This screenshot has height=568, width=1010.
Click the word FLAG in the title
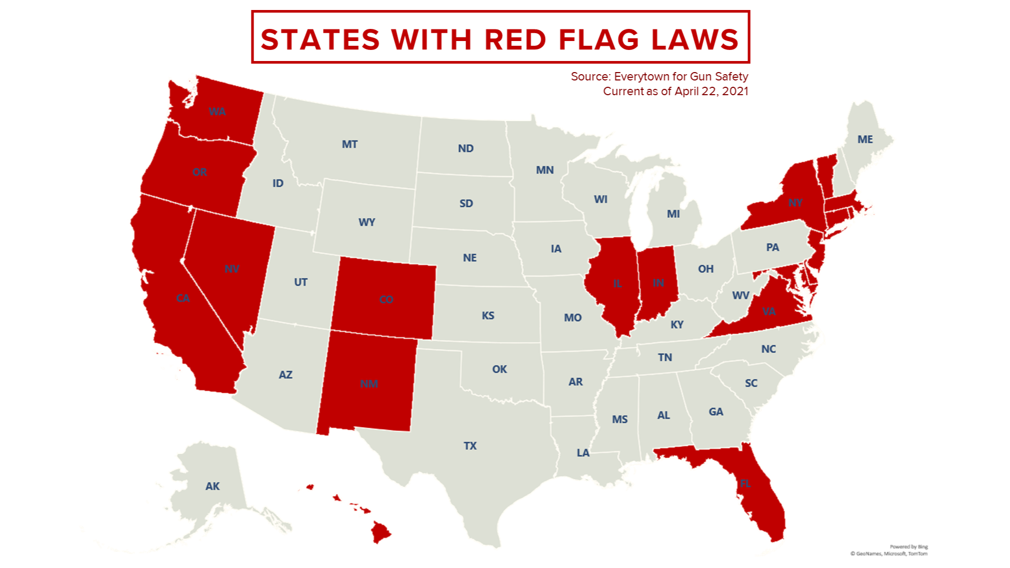tap(599, 40)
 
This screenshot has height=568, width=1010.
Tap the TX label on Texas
tap(470, 446)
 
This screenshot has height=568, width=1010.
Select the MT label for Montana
tap(349, 144)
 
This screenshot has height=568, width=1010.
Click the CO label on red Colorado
tap(386, 299)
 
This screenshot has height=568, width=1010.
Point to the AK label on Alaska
tap(213, 486)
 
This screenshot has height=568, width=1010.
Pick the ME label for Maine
tap(865, 139)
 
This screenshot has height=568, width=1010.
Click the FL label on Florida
tap(745, 483)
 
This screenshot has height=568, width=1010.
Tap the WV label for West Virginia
tap(740, 296)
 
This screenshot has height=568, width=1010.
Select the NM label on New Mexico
tap(369, 384)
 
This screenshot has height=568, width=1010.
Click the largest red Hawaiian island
tap(380, 532)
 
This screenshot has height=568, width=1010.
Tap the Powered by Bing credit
tap(908, 547)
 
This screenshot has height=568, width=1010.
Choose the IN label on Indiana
tap(658, 283)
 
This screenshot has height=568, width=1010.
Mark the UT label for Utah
tap(300, 282)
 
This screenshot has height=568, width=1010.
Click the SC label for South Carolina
tap(751, 383)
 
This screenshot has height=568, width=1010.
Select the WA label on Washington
tap(217, 111)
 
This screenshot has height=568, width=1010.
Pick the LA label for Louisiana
tap(583, 453)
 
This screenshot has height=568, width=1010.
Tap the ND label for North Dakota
tap(466, 148)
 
